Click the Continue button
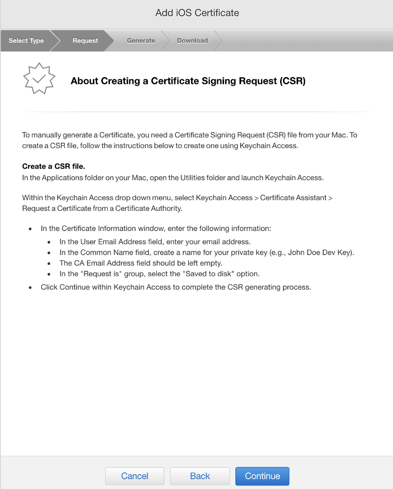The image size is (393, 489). click(262, 476)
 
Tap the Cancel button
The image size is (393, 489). click(135, 476)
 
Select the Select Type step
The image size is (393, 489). click(26, 41)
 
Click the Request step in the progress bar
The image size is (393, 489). click(85, 41)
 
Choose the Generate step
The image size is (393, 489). click(141, 41)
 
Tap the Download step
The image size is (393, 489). click(192, 41)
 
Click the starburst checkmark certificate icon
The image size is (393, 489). click(39, 78)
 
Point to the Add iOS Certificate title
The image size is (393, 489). click(197, 13)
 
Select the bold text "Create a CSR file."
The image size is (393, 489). click(54, 166)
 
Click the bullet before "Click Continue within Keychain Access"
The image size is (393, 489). click(30, 287)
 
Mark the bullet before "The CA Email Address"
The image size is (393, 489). click(49, 263)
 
